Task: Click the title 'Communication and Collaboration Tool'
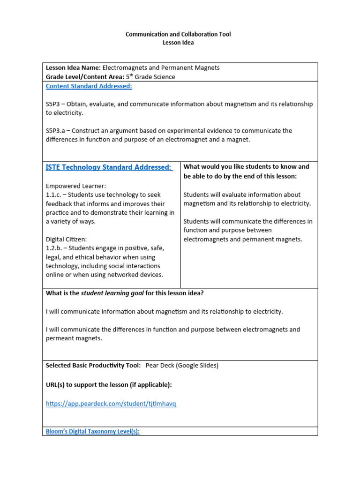178,34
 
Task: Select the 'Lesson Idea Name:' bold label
73,68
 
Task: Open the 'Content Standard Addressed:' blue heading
89,86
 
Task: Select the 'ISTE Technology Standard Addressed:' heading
109,167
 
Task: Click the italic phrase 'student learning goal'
112,293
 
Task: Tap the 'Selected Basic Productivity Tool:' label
93,365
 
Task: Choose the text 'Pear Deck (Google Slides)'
182,365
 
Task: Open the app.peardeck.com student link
111,404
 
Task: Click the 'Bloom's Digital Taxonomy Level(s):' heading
92,431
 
